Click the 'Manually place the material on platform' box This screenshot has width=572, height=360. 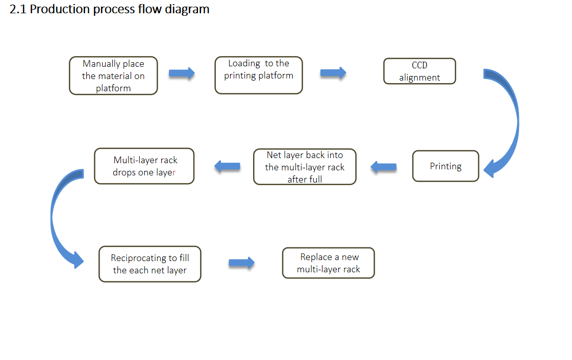(x=113, y=75)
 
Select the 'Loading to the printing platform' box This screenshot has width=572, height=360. (x=259, y=75)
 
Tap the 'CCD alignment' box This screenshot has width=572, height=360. (x=419, y=71)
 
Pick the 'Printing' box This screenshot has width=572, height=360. (x=445, y=166)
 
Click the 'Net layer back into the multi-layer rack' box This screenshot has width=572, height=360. (x=305, y=167)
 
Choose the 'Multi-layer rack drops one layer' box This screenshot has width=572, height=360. (x=144, y=166)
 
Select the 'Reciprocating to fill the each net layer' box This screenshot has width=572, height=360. (x=150, y=264)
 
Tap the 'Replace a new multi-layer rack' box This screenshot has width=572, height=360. (x=328, y=263)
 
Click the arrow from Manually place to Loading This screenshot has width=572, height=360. (x=182, y=73)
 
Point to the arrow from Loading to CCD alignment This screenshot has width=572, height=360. (x=333, y=73)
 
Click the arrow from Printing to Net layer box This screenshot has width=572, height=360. (x=383, y=167)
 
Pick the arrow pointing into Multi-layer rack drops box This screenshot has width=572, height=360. (x=227, y=167)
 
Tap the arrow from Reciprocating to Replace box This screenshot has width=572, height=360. (x=241, y=263)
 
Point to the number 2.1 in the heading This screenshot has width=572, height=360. (x=18, y=9)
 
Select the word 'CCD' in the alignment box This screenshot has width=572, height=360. (x=419, y=65)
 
